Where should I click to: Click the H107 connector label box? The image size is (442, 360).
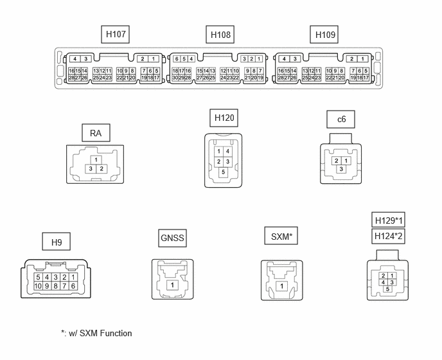point(115,35)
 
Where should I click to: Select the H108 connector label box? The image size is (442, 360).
point(220,35)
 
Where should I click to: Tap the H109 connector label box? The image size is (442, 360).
point(324,35)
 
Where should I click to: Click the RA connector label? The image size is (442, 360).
point(96,133)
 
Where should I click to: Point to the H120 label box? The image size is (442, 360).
point(224,118)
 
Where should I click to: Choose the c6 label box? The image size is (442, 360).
point(340,120)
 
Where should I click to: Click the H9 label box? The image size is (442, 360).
point(57,242)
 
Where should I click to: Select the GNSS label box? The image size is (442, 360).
point(172,238)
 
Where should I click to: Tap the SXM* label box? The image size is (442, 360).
point(281,236)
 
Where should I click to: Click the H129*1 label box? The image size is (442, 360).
point(389,220)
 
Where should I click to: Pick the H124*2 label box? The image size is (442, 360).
point(389,236)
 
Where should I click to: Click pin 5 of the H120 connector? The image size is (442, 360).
point(224,172)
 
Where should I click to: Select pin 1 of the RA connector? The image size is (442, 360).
point(96,160)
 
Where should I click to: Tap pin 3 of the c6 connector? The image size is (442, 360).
point(341,169)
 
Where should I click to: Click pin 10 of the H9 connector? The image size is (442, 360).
point(38,286)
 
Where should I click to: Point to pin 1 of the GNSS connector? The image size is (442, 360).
point(173,285)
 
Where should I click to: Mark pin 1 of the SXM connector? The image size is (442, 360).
point(281,286)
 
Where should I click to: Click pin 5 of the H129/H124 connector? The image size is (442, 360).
point(387,289)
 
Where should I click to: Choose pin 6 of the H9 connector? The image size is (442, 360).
point(73,286)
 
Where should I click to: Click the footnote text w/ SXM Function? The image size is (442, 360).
point(100,333)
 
